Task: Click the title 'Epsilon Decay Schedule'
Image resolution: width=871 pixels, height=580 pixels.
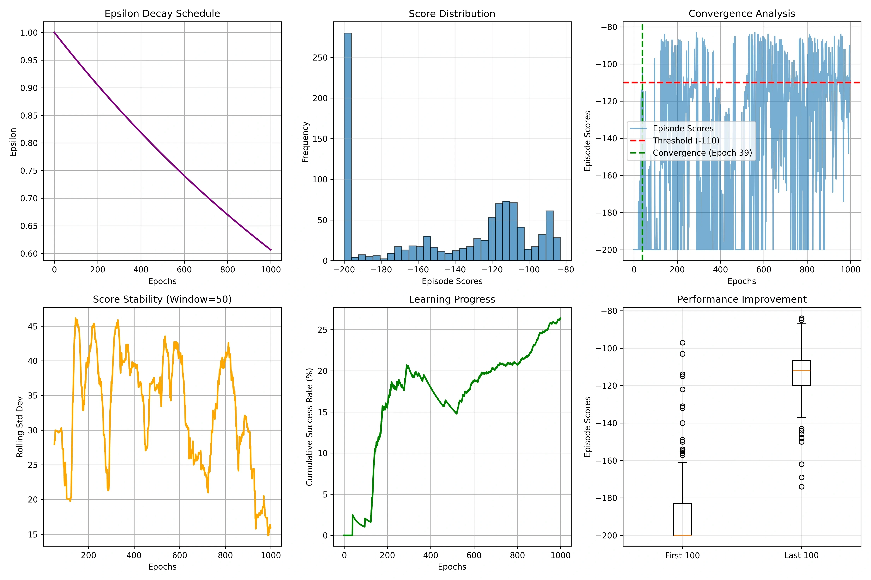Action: tap(162, 14)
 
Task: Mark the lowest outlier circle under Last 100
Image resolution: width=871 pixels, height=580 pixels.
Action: tap(801, 487)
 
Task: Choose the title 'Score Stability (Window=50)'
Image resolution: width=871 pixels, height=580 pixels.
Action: tap(162, 299)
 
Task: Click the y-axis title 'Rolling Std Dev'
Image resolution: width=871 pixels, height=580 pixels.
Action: tap(20, 427)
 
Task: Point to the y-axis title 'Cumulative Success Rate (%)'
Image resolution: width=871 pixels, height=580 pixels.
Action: tap(309, 427)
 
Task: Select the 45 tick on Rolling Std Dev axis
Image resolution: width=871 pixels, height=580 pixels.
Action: tap(33, 326)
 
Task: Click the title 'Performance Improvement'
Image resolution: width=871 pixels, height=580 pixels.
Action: tap(742, 299)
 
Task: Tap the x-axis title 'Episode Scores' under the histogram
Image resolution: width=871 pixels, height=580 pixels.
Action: tap(452, 281)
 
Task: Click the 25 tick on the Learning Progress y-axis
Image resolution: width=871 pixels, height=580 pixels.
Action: tap(322, 330)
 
